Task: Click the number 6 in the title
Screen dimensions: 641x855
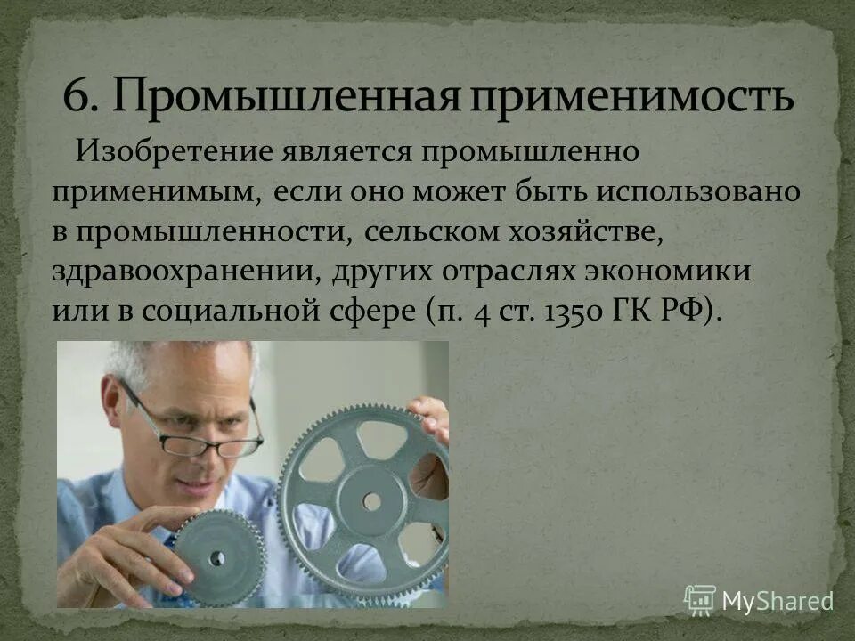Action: tap(77, 95)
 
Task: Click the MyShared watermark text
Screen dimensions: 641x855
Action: tap(777, 601)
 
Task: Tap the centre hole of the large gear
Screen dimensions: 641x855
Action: tap(371, 502)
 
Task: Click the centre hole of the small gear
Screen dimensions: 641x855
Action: tap(216, 558)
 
